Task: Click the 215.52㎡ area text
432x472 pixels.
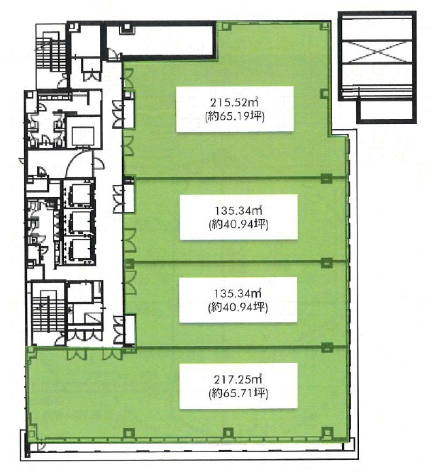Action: pos(235,103)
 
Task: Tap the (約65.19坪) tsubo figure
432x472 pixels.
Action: pos(235,116)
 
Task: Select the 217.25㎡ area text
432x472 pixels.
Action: pos(238,379)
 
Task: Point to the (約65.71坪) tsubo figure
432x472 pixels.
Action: pos(238,393)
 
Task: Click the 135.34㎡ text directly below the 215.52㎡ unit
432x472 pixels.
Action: pos(238,210)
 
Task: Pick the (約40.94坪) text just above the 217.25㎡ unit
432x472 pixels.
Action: pos(238,307)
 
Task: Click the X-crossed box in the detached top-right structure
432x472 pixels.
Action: pos(377,52)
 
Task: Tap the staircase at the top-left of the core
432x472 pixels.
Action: pos(50,55)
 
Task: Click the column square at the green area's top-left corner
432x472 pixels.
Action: pos(226,26)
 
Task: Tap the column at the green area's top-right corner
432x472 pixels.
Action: pos(324,26)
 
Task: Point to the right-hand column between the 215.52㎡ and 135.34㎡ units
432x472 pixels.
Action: pos(326,178)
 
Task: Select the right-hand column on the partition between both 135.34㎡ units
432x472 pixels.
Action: pos(326,262)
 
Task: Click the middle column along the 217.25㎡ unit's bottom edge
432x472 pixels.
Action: pos(228,432)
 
